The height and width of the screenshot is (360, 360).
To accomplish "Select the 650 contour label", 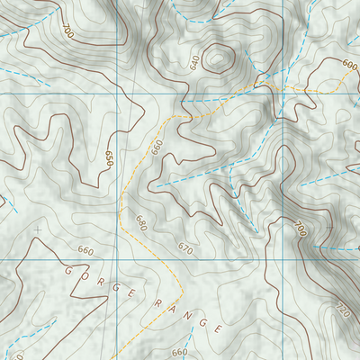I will (x=109, y=159).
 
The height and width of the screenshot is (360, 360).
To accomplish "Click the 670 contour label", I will (x=185, y=247).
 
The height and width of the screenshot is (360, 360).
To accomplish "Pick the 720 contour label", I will (x=341, y=310).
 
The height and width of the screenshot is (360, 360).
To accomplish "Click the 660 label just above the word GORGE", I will (x=85, y=250).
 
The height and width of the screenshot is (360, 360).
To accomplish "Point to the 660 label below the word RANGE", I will (x=179, y=352).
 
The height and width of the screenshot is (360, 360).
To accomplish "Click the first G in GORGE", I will (x=67, y=267).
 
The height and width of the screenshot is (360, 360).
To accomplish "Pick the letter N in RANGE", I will (x=192, y=316).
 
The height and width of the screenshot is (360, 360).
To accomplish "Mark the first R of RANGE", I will (x=158, y=303).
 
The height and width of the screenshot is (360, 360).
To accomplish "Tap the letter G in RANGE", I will (x=205, y=321).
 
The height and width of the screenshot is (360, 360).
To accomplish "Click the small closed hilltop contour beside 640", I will (x=217, y=59).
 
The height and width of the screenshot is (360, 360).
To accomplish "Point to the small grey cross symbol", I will (x=38, y=230).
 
